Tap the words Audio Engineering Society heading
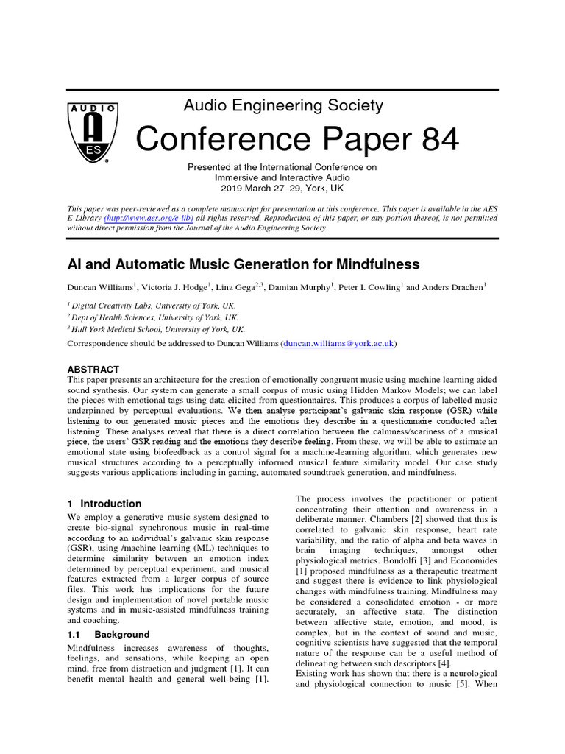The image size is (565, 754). coord(283,105)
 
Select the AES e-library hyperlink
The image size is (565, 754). coord(149,219)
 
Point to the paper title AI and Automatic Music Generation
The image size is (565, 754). coord(244,264)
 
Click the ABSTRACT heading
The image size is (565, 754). coord(93,369)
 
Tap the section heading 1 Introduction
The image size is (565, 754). coord(104,504)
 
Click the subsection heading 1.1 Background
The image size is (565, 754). coord(108,634)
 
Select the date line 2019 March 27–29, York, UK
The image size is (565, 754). coord(282,188)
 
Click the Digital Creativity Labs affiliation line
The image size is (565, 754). coord(157,305)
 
